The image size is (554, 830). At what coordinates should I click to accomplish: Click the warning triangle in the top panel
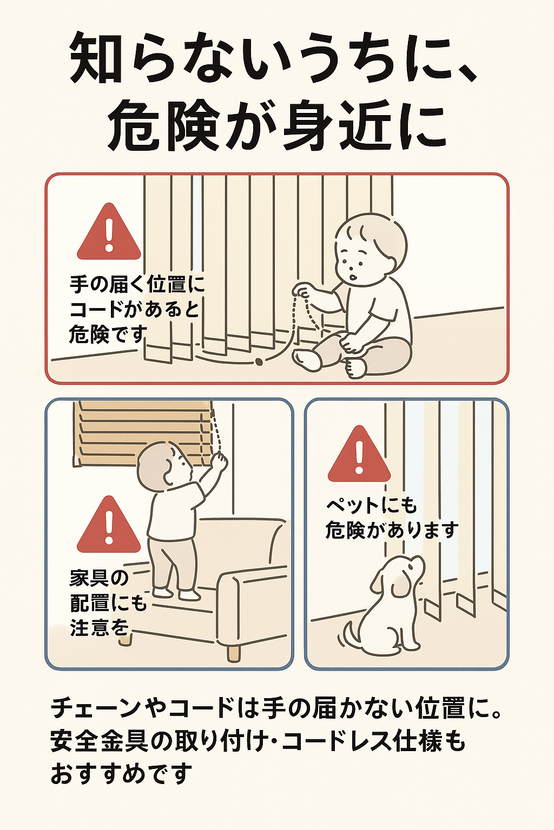[x=109, y=232]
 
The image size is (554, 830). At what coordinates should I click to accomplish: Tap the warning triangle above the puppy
[x=359, y=453]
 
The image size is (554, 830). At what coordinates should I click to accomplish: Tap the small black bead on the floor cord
[x=259, y=361]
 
